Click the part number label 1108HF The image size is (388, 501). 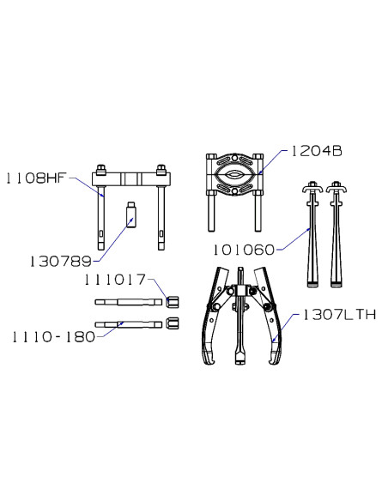point(36,178)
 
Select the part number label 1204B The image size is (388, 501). point(316,151)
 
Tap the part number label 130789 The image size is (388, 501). point(60,262)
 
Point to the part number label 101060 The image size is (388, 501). point(244,250)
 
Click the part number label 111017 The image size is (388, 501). point(115,280)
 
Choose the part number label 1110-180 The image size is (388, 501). point(54,337)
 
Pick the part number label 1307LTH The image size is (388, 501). point(339,315)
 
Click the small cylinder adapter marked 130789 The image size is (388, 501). point(131,214)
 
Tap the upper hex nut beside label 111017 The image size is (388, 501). point(173,302)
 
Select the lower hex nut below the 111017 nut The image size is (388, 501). point(173,323)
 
